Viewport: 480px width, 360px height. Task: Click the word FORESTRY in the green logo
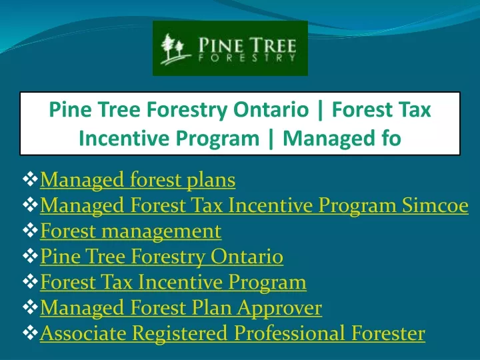pyautogui.click(x=247, y=58)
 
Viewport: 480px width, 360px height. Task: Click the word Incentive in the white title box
pyautogui.click(x=125, y=139)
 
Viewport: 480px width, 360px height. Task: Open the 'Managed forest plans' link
pyautogui.click(x=138, y=180)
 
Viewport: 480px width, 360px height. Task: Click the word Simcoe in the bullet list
pyautogui.click(x=435, y=205)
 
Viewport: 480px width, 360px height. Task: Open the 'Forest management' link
pyautogui.click(x=131, y=231)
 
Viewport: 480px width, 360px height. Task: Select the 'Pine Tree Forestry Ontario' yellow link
pyautogui.click(x=161, y=257)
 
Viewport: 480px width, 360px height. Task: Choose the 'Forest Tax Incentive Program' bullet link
pyautogui.click(x=173, y=282)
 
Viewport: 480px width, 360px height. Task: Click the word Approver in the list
pyautogui.click(x=279, y=308)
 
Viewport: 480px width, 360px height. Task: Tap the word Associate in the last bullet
pyautogui.click(x=83, y=333)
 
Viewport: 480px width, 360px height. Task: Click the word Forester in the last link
pyautogui.click(x=388, y=333)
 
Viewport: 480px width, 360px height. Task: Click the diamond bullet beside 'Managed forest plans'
pyautogui.click(x=30, y=179)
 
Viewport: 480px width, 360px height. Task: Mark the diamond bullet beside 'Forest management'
pyautogui.click(x=30, y=231)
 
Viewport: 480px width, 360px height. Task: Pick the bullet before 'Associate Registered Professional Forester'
pyautogui.click(x=30, y=333)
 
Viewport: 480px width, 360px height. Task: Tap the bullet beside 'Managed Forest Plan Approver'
pyautogui.click(x=30, y=307)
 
